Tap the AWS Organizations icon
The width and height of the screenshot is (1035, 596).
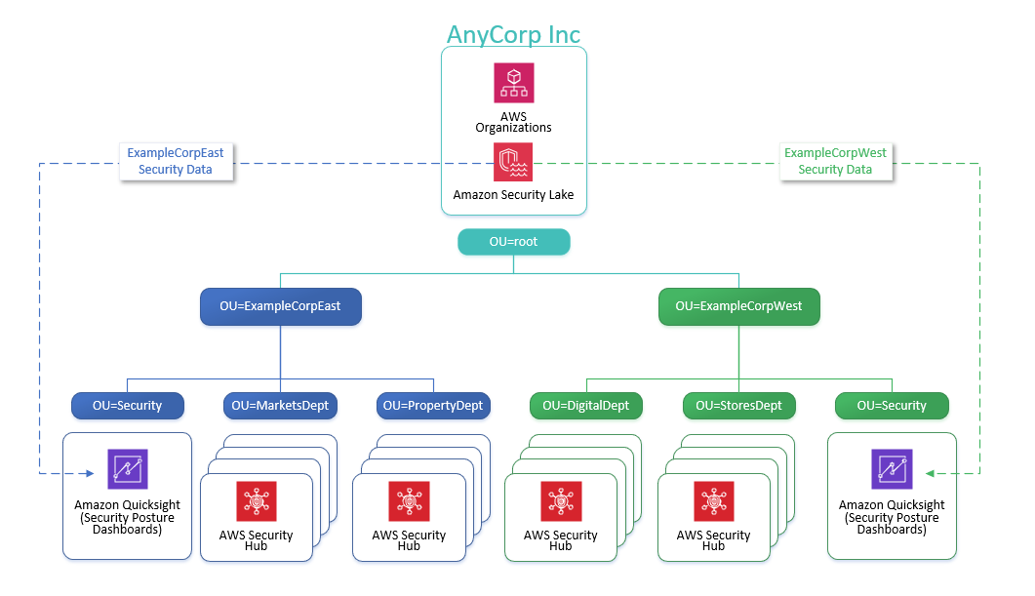click(513, 84)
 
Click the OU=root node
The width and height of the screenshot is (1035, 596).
click(513, 242)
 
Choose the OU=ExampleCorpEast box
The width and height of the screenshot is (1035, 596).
click(280, 306)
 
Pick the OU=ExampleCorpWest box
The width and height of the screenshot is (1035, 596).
click(738, 306)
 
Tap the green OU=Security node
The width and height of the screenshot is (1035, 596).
click(892, 405)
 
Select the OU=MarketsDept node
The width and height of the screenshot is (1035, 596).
click(281, 405)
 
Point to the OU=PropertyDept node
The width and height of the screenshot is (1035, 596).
click(433, 405)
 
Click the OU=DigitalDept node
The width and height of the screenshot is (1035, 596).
click(586, 405)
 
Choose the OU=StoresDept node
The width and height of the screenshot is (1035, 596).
click(738, 405)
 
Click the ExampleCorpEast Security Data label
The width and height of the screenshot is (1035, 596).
click(176, 162)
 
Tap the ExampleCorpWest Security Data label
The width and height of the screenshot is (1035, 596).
click(835, 162)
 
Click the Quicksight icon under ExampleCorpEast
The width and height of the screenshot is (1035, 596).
click(128, 469)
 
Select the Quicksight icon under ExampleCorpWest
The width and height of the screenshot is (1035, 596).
click(892, 469)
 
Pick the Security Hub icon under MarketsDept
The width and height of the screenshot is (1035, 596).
click(257, 501)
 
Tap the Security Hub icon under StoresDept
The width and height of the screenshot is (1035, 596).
click(713, 501)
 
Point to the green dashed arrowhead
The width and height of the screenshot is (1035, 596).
click(931, 474)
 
